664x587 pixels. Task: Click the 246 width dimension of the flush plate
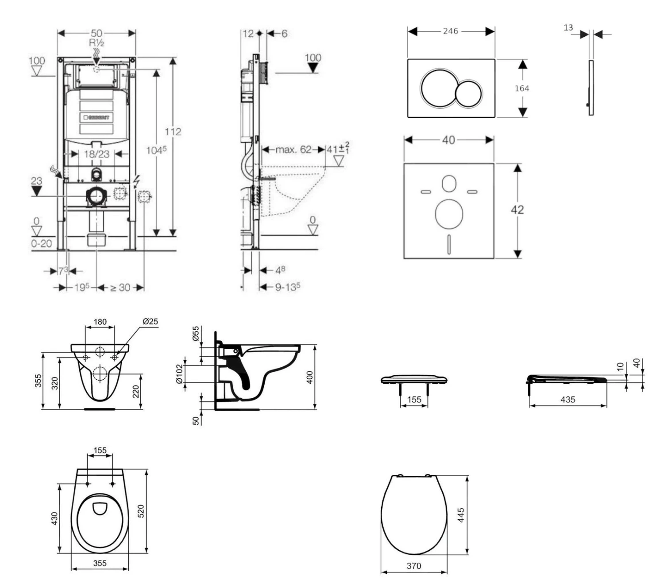[x=450, y=31]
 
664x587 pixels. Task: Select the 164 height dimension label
[x=522, y=88]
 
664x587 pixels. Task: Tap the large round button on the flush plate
[x=437, y=88]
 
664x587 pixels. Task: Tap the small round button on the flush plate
[x=468, y=93]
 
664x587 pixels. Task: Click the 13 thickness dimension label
[x=568, y=28]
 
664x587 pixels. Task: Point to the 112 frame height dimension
[x=173, y=132]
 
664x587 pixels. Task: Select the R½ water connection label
[x=97, y=43]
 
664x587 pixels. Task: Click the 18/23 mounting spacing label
[x=97, y=154]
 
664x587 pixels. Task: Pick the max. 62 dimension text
[x=293, y=149]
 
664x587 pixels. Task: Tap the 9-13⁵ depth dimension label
[x=288, y=287]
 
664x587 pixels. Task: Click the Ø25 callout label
[x=150, y=321]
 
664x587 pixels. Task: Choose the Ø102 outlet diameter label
[x=179, y=374]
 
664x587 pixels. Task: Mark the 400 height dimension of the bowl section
[x=310, y=377]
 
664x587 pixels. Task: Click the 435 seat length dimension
[x=568, y=400]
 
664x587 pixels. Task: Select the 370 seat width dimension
[x=414, y=566]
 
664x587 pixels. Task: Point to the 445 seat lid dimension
[x=461, y=515]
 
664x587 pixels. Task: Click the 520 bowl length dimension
[x=141, y=511]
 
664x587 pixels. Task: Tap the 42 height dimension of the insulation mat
[x=517, y=210]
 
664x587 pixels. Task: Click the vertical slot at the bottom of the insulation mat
[x=449, y=244]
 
